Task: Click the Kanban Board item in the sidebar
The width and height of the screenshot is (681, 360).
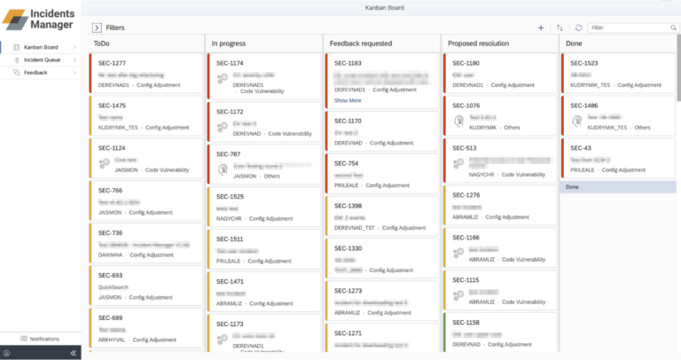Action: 41,46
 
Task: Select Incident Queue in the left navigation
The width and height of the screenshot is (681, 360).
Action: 42,59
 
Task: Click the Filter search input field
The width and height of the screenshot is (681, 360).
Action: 630,27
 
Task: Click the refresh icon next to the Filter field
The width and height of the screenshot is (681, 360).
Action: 579,27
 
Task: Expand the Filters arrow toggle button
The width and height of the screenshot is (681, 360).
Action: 96,27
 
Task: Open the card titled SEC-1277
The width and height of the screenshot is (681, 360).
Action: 112,63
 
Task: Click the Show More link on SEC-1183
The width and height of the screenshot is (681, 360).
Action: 348,100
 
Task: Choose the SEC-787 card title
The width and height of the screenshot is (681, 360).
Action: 228,153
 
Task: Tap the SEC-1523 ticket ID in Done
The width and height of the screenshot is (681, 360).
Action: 583,63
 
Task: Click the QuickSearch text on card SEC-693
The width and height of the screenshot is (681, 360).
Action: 114,287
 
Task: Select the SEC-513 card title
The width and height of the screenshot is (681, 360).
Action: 465,148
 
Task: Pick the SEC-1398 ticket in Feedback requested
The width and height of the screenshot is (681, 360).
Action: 348,206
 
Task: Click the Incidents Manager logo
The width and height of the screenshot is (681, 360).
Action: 41,18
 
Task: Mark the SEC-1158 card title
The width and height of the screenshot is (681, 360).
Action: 466,323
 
